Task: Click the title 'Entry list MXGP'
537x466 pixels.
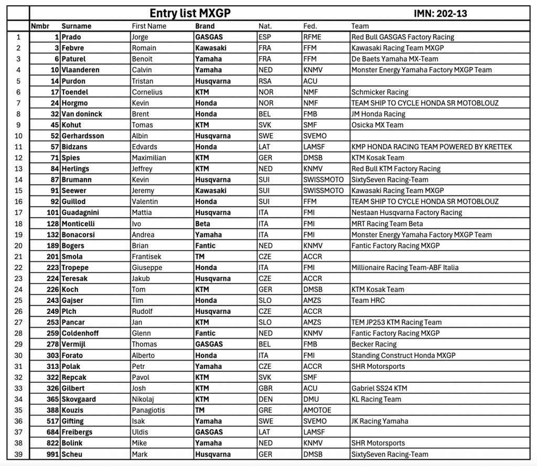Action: pyautogui.click(x=189, y=13)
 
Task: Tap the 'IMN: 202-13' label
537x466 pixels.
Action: pyautogui.click(x=441, y=13)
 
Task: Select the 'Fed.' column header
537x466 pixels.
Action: pyautogui.click(x=309, y=26)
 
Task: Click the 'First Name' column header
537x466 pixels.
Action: pyautogui.click(x=149, y=26)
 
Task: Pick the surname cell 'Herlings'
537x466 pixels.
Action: pyautogui.click(x=76, y=169)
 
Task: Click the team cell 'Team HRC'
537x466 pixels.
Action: pyautogui.click(x=368, y=300)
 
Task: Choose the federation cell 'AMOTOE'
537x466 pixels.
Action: pyautogui.click(x=317, y=410)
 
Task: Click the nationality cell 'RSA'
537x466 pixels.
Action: pyautogui.click(x=265, y=81)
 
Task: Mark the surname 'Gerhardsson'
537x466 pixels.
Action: pyautogui.click(x=83, y=136)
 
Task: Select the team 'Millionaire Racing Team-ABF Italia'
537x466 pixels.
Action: pyautogui.click(x=405, y=267)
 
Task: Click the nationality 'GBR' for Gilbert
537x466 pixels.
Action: pyautogui.click(x=266, y=388)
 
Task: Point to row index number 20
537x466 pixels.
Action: pyautogui.click(x=18, y=245)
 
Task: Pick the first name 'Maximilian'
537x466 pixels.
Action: pyautogui.click(x=149, y=158)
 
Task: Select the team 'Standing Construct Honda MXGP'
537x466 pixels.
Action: pyautogui.click(x=403, y=355)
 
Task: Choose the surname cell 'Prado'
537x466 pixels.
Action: pyautogui.click(x=71, y=37)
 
